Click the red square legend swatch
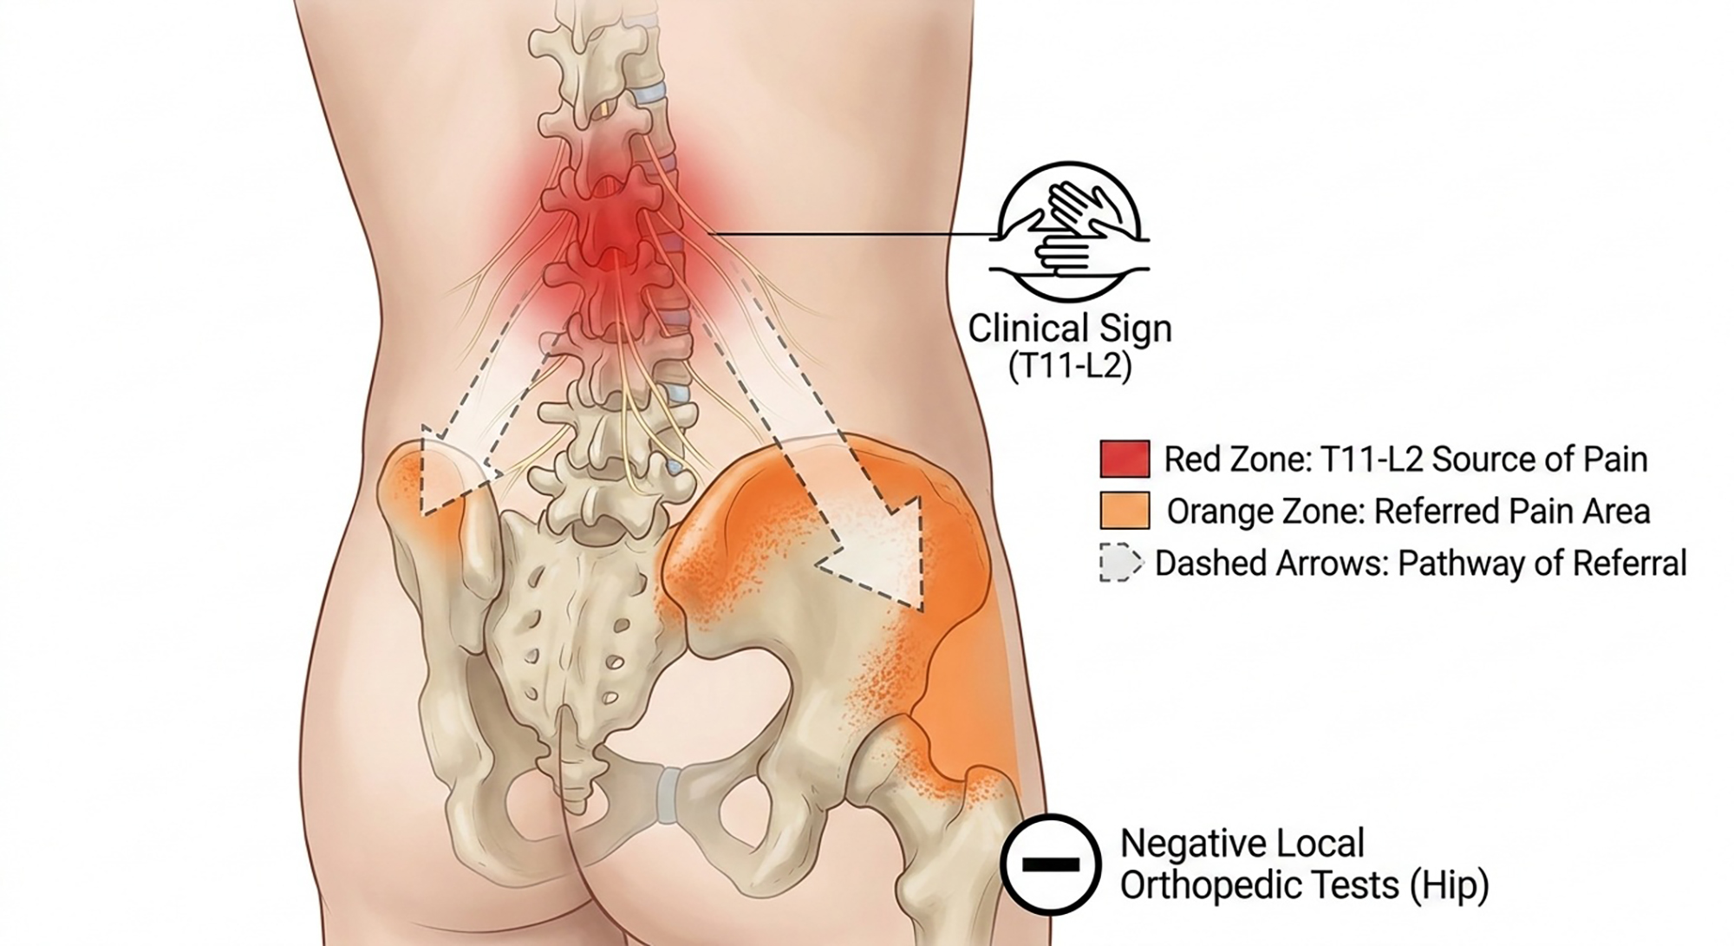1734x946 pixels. click(1124, 459)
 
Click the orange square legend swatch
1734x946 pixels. click(1124, 511)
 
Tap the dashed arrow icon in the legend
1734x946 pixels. click(1120, 563)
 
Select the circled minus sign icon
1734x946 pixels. click(1051, 864)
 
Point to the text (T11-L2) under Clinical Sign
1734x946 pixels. click(1070, 367)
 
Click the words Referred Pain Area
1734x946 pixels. click(1512, 512)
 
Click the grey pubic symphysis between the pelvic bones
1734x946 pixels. click(668, 793)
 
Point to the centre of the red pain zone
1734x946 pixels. click(614, 230)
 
